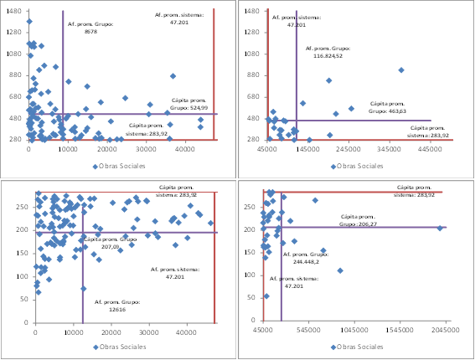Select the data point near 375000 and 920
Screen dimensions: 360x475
[400, 70]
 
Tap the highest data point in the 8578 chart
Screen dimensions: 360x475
[29, 21]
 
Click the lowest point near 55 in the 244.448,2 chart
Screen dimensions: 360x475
[266, 296]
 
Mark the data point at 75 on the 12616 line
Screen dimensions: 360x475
[83, 288]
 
